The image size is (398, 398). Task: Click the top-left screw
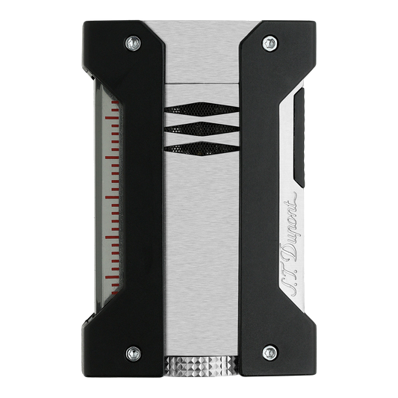point(133,43)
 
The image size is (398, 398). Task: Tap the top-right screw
point(270,43)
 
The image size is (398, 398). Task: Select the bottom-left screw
point(134,353)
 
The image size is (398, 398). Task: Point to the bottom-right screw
point(270,352)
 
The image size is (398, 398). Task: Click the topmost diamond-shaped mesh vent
point(202,109)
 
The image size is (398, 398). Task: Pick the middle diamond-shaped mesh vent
point(202,128)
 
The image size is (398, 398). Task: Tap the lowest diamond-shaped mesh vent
point(202,149)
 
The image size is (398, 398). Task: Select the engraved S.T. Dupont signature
point(290,244)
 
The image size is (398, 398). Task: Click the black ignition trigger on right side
point(299,137)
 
